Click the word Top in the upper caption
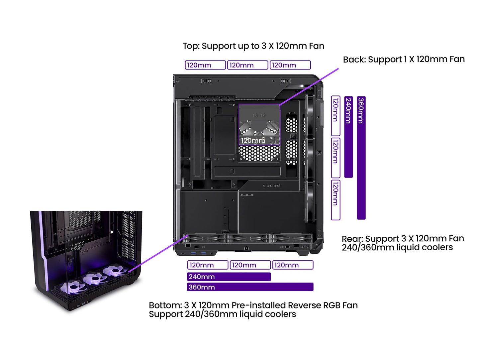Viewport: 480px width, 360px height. (191, 46)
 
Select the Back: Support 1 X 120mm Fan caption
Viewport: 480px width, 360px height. (404, 60)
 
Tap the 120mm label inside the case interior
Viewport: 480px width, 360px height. (253, 141)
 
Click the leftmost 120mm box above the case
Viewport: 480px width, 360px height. (205, 65)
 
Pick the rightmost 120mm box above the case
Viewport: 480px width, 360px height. (290, 65)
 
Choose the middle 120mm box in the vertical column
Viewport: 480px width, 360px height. (336, 158)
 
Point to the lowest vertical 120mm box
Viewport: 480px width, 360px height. (336, 200)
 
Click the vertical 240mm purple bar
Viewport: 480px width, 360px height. (348, 137)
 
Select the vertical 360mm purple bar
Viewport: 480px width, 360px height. (361, 158)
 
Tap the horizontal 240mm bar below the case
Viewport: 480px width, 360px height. (229, 277)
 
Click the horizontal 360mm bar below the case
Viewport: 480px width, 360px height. (250, 287)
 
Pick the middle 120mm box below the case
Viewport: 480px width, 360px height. (250, 265)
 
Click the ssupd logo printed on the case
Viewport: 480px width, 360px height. (271, 186)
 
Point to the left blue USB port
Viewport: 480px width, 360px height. (193, 254)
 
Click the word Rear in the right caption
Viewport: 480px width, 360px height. (352, 239)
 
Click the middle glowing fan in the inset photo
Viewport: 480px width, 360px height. (93, 279)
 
